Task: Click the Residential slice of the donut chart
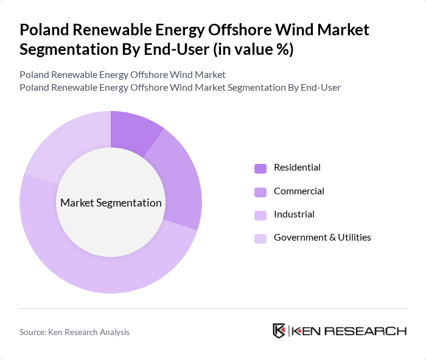(135, 132)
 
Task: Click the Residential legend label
(297, 168)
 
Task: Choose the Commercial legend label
(299, 191)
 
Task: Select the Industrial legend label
(294, 214)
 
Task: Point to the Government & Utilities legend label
(322, 238)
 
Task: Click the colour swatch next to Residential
(260, 168)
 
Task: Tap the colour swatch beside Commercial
(260, 192)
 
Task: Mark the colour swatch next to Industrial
(260, 215)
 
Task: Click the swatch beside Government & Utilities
(260, 238)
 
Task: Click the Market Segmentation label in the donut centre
(111, 203)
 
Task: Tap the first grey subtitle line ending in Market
(122, 74)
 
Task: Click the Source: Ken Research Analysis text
(74, 332)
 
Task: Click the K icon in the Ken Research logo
(279, 331)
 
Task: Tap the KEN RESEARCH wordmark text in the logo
(349, 331)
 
